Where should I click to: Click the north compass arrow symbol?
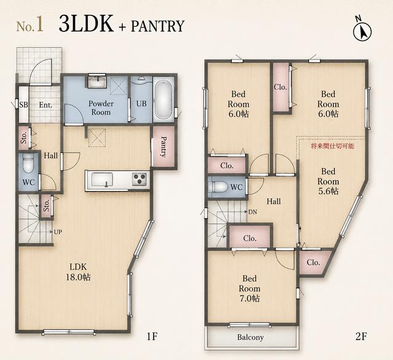(x=362, y=31)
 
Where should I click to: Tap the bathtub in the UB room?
(x=163, y=99)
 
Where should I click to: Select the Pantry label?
(x=163, y=147)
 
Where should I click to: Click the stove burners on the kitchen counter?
(x=139, y=179)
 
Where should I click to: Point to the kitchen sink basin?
(x=102, y=180)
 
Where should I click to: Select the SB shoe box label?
(x=23, y=105)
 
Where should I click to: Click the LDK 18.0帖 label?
(x=78, y=272)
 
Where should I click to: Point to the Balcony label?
(x=251, y=337)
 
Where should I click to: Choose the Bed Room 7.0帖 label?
(x=249, y=288)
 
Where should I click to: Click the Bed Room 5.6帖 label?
(x=328, y=182)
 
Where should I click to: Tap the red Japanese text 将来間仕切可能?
(x=332, y=146)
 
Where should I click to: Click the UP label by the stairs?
(x=58, y=232)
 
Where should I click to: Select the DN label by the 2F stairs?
(x=252, y=212)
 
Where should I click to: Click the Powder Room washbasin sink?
(x=97, y=81)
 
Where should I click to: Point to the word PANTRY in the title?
(x=158, y=26)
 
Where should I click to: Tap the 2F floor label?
(x=361, y=337)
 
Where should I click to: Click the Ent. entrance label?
(x=45, y=105)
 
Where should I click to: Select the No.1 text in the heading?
(x=30, y=26)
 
